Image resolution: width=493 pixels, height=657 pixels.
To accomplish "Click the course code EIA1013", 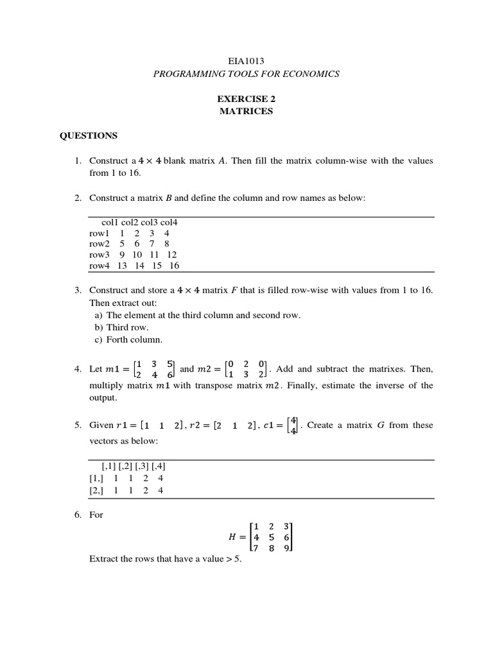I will [246, 62].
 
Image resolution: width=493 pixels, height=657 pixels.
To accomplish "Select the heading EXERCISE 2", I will [246, 99].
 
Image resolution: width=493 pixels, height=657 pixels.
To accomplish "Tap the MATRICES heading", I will [246, 111].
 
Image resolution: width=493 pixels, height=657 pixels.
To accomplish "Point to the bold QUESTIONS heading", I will [89, 135].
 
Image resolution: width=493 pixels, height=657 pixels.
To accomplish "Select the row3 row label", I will [99, 255].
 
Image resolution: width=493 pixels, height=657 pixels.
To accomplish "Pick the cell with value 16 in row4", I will [174, 266].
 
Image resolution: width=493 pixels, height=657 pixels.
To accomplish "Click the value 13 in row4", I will [122, 266].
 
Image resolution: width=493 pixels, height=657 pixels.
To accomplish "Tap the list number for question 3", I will [77, 291].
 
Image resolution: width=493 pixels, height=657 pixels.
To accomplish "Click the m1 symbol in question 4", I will [113, 370].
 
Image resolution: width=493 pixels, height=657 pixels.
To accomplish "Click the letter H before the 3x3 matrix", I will [224, 538].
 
